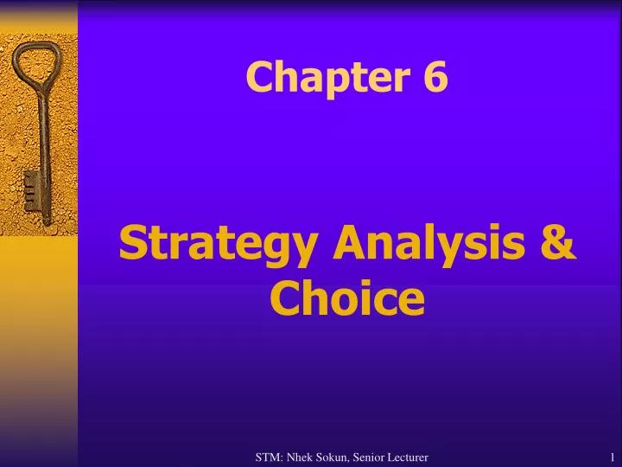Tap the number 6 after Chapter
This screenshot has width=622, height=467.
click(435, 79)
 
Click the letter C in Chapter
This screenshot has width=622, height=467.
click(257, 80)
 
